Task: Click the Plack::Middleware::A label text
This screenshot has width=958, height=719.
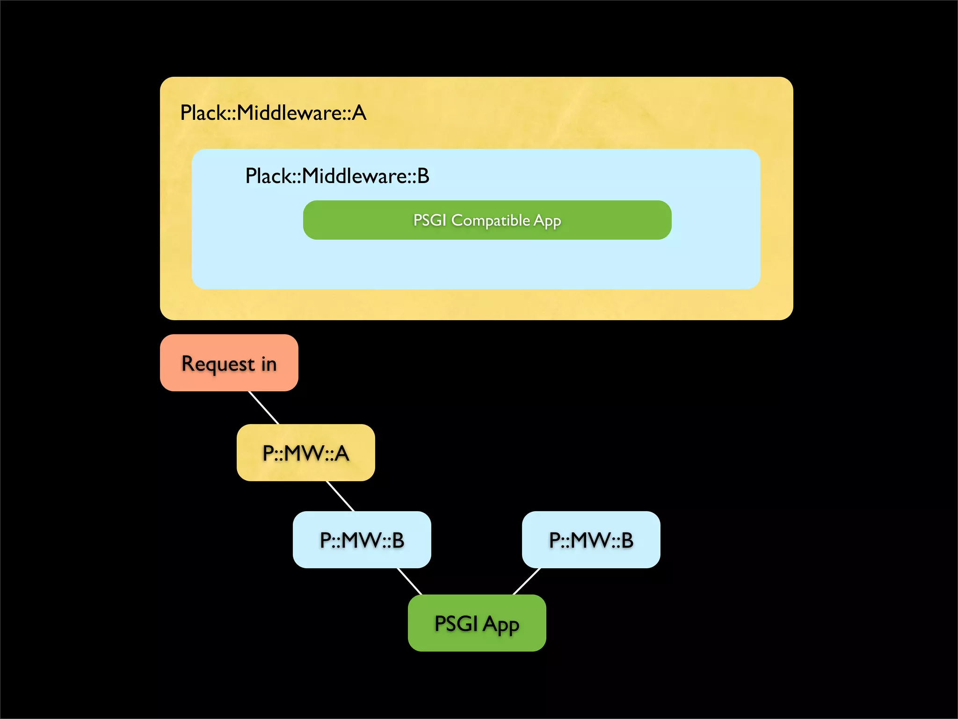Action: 273,113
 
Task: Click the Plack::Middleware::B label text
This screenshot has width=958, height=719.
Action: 337,176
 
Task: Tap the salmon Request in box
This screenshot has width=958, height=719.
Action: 229,363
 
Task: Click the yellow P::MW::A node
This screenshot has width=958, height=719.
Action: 305,453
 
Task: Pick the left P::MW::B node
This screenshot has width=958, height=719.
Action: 362,540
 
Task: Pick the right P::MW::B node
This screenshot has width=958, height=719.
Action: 591,540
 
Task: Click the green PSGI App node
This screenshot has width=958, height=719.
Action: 477,623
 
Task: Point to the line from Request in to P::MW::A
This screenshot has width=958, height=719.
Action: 263,408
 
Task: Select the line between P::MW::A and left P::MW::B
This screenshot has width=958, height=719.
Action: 340,496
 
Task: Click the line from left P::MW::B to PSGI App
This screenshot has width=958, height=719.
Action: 409,581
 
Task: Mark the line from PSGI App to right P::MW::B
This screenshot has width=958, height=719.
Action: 527,581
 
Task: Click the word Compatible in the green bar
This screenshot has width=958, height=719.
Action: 490,220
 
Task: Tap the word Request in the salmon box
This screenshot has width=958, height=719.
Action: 218,364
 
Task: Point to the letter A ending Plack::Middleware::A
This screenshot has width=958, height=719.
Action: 359,113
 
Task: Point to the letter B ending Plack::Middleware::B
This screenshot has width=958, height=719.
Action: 423,176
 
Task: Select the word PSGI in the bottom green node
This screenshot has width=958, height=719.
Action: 456,623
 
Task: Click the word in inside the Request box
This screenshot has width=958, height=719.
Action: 269,363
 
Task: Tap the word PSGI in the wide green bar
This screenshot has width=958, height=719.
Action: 429,220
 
